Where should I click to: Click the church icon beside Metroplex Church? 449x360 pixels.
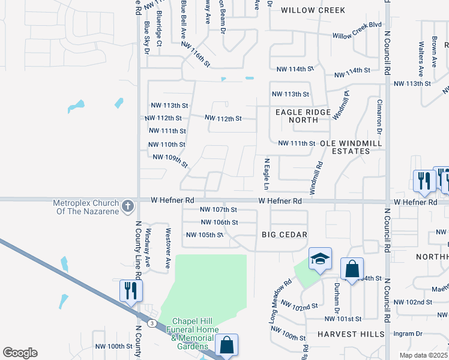(127, 207)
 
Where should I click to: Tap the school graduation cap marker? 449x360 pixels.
(320, 259)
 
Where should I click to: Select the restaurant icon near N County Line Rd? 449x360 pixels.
(131, 290)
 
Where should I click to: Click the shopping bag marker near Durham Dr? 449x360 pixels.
(352, 268)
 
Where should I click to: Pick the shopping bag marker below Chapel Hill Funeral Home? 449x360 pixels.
(226, 345)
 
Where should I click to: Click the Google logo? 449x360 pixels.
(20, 352)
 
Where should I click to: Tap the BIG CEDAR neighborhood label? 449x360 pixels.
(285, 235)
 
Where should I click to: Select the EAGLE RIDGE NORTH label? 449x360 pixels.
(303, 116)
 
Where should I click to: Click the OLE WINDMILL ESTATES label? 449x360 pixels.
(345, 147)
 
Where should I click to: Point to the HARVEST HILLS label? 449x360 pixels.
(351, 334)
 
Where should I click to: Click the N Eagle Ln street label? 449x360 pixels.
(267, 175)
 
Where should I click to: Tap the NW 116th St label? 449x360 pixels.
(196, 55)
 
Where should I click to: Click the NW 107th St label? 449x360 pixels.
(218, 210)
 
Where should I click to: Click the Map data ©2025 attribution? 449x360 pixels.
(423, 355)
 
